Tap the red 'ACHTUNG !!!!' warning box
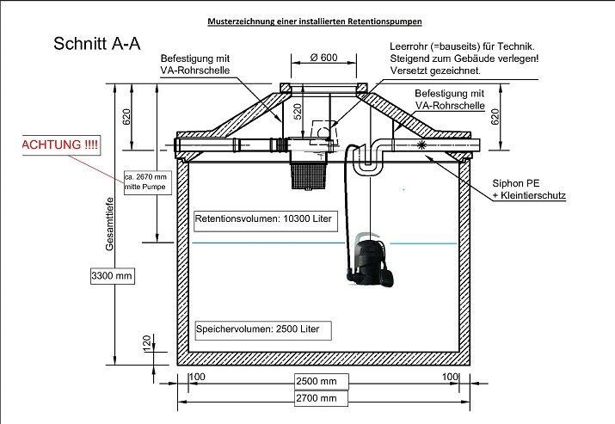click(59, 144)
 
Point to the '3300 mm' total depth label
click(112, 276)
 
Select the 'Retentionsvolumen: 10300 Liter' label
click(256, 217)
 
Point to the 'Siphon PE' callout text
click(515, 183)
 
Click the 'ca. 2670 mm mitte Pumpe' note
click(145, 181)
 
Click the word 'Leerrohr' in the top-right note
click(408, 45)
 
